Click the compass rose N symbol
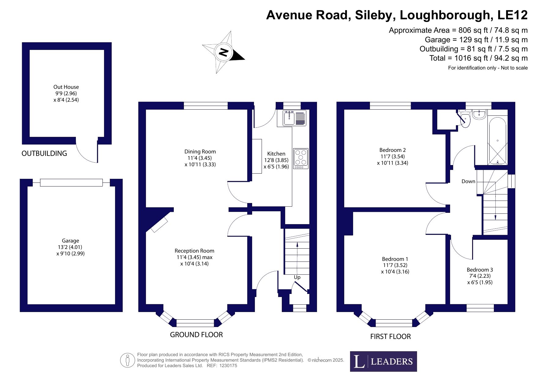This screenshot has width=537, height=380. [x=224, y=52]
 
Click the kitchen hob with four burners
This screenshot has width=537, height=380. [x=301, y=159]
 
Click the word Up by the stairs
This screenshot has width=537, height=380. [x=297, y=277]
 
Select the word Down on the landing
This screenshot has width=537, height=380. [x=468, y=181]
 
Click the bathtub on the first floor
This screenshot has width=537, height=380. [x=498, y=141]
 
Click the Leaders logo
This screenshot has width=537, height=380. [x=383, y=361]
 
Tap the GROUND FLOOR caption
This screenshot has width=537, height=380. [x=196, y=335]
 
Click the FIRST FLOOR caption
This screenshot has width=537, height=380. [x=390, y=337]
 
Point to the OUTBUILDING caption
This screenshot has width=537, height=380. [x=44, y=153]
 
